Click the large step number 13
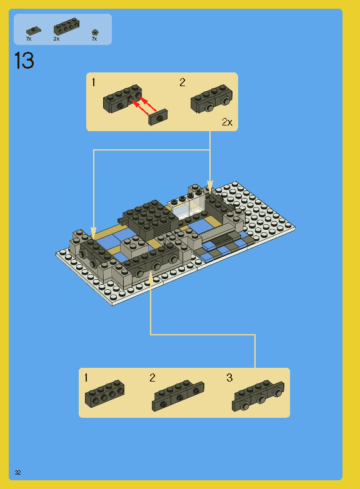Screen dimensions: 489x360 pyautogui.click(x=24, y=61)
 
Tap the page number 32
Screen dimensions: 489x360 pyautogui.click(x=18, y=472)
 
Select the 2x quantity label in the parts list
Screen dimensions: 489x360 pyautogui.click(x=56, y=39)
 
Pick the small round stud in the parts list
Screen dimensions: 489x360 pyautogui.click(x=94, y=32)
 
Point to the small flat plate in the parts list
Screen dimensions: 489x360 pyautogui.click(x=32, y=31)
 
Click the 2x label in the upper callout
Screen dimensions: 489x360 pyautogui.click(x=226, y=122)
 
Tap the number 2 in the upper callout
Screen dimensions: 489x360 pyautogui.click(x=182, y=82)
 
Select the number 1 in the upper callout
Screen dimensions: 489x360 pyautogui.click(x=94, y=82)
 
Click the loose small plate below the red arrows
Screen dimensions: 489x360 pyautogui.click(x=159, y=117)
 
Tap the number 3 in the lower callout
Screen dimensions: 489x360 pyautogui.click(x=229, y=378)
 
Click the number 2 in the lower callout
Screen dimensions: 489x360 pyautogui.click(x=152, y=378)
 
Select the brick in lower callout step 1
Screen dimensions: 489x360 pyautogui.click(x=104, y=393)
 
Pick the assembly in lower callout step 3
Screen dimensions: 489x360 pyautogui.click(x=258, y=396)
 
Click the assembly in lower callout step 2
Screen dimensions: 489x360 pyautogui.click(x=178, y=396)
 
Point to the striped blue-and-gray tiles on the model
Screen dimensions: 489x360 pyautogui.click(x=222, y=250)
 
